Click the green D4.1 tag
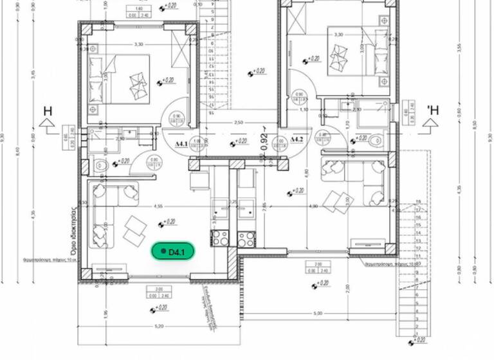click(172, 252)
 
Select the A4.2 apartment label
click(297, 139)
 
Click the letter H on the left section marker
click(48, 111)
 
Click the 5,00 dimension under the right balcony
click(318, 314)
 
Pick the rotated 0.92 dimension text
click(263, 141)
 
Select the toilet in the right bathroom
click(376, 140)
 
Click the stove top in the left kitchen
click(220, 239)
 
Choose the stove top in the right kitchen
click(246, 239)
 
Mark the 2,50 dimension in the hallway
click(238, 122)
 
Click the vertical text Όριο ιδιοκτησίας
click(75, 231)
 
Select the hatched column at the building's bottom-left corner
click(84, 274)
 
